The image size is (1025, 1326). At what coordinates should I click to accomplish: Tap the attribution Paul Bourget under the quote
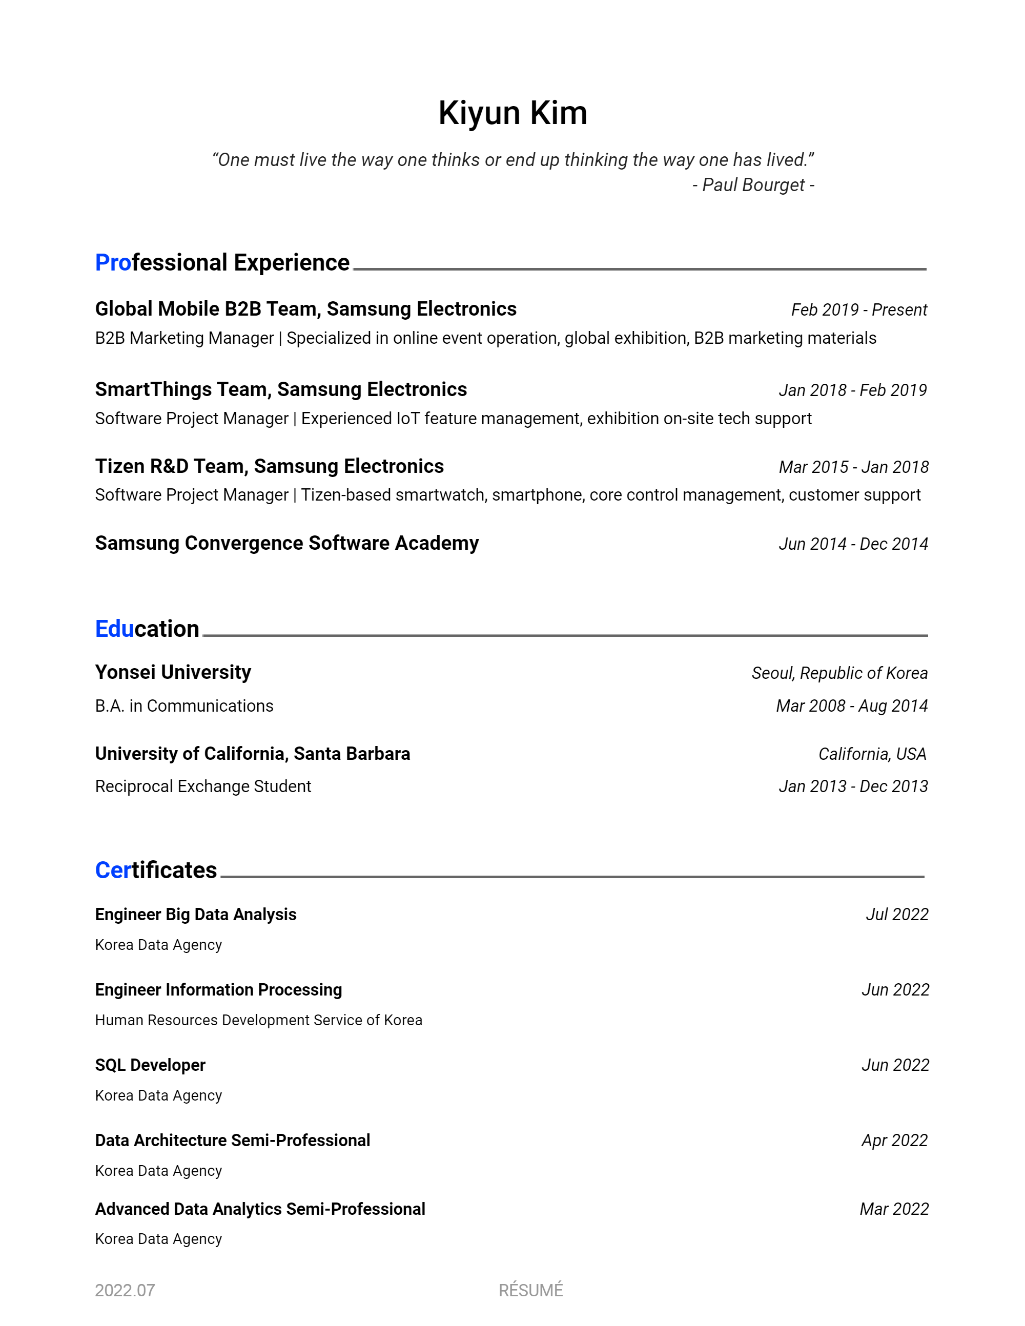[x=753, y=184]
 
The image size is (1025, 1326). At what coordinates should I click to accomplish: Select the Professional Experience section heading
[x=222, y=262]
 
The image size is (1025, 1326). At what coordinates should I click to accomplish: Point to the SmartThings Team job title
[x=280, y=389]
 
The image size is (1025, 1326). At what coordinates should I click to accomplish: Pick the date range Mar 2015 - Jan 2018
[x=853, y=467]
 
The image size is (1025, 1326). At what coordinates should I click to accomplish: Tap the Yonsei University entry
[x=173, y=672]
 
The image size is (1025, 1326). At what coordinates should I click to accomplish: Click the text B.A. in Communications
[x=184, y=706]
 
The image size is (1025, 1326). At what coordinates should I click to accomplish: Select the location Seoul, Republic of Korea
[x=839, y=673]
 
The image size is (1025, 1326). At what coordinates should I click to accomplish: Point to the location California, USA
[x=872, y=754]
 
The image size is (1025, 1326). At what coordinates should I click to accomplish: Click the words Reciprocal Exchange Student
[x=203, y=786]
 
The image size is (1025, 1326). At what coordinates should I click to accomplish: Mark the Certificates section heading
[x=156, y=870]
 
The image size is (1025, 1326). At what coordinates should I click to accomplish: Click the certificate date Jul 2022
[x=896, y=915]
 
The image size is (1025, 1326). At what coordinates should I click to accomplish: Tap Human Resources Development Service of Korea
[x=258, y=1020]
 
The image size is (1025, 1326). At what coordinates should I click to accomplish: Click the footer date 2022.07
[x=125, y=1290]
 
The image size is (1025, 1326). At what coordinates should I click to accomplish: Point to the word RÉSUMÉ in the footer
[x=531, y=1290]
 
